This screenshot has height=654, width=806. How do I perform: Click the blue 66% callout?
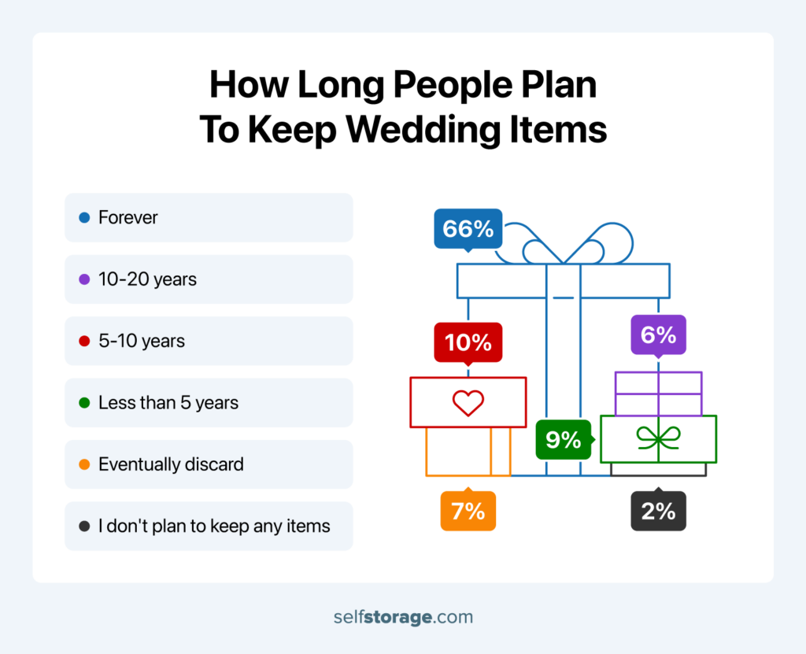coord(468,229)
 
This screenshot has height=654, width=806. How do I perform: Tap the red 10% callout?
coord(468,342)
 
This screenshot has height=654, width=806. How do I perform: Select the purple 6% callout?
coord(659,335)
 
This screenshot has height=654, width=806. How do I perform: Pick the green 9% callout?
coord(564,440)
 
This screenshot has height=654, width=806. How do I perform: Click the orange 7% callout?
coord(468,510)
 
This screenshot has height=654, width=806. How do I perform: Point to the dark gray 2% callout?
coord(659,510)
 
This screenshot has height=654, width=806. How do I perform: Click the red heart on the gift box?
coord(468,403)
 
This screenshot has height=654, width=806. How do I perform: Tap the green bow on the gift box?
coord(659,438)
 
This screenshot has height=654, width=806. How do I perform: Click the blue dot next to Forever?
coord(84,217)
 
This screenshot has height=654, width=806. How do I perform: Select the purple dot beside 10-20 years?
coord(84,279)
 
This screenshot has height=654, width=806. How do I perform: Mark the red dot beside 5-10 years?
coord(84,341)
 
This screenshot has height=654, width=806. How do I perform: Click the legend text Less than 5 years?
coord(168,403)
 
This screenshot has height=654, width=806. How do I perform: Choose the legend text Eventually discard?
coord(171,464)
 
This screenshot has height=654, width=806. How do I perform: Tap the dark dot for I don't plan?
coord(84,526)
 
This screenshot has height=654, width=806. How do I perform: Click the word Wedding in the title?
coord(423,130)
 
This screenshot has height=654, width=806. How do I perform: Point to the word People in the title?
coord(453,84)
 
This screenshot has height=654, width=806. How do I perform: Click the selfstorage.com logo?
coord(403,617)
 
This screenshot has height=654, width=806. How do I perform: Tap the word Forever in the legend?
coord(128,217)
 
